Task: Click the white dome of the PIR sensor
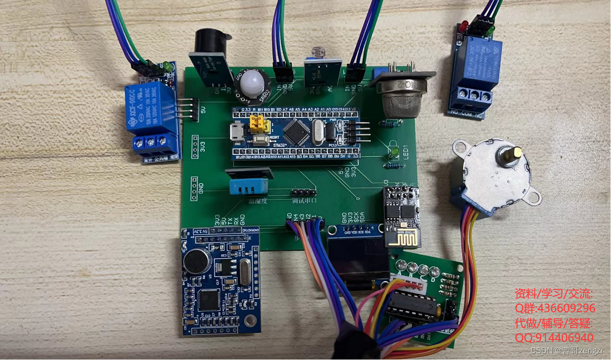[x=253, y=82]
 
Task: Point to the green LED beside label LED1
[x=396, y=153]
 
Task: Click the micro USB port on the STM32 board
[x=236, y=133]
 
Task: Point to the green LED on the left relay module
[x=166, y=65]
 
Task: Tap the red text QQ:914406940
[x=554, y=337]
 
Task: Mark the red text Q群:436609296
[x=555, y=308]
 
